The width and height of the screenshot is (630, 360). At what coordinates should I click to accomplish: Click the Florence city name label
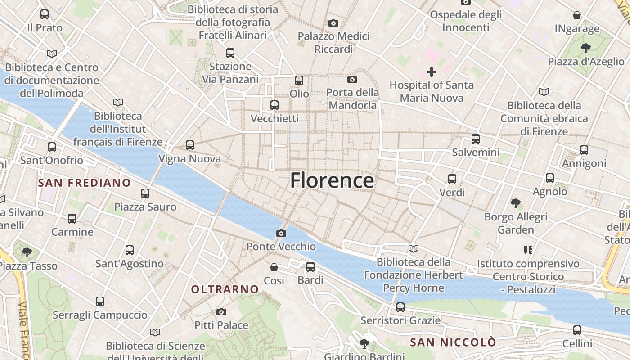[332, 180]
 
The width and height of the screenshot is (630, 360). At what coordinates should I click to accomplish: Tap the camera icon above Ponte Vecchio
[281, 233]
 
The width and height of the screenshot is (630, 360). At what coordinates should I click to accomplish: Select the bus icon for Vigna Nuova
[190, 145]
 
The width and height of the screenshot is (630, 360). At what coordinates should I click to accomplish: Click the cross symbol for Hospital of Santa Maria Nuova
[432, 72]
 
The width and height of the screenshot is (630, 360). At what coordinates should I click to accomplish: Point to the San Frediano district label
[85, 183]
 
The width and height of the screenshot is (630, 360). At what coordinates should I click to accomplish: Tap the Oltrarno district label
[225, 289]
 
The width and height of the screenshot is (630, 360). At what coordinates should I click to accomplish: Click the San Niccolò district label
[453, 342]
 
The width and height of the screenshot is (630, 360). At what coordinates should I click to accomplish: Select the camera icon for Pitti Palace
[221, 312]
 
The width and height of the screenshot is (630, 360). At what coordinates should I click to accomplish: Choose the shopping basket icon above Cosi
[274, 267]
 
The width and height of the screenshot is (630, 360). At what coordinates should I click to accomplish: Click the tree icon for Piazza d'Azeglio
[585, 48]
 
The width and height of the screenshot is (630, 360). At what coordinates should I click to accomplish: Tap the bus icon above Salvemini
[476, 139]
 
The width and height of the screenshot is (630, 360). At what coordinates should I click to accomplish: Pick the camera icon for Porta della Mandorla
[352, 80]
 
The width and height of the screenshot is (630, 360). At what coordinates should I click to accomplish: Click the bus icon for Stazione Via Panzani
[230, 53]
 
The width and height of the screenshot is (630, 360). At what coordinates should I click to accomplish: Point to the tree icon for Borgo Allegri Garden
[516, 203]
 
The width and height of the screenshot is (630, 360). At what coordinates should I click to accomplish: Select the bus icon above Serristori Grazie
[400, 307]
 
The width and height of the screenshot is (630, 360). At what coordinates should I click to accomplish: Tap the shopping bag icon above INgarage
[577, 15]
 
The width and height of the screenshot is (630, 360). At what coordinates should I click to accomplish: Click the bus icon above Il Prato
[45, 14]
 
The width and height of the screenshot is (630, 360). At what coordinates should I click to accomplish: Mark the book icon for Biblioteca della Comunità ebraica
[544, 92]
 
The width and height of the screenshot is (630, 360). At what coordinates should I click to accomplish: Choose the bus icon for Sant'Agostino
[130, 250]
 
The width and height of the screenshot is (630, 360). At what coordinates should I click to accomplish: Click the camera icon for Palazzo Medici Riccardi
[333, 23]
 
